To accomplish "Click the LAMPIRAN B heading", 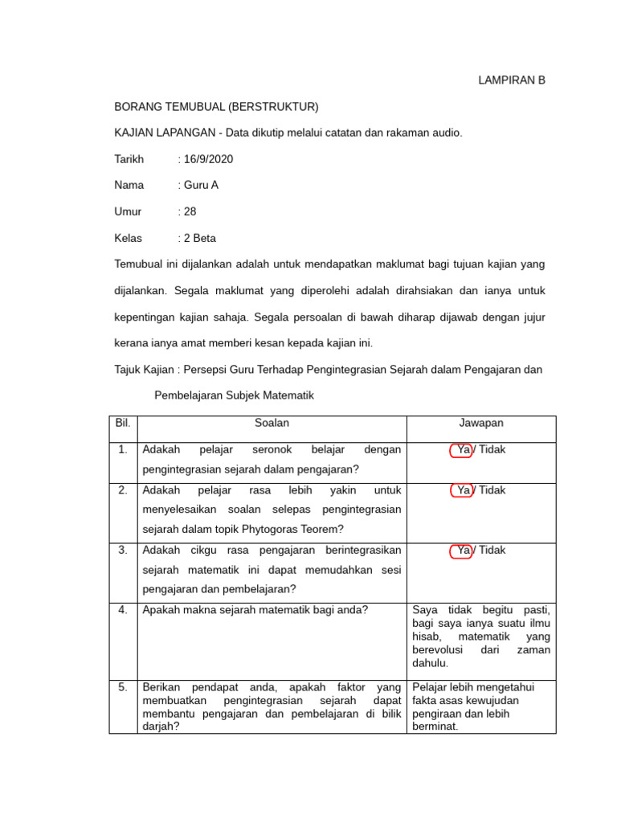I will pyautogui.click(x=512, y=80).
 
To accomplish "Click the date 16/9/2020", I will pyautogui.click(x=208, y=159).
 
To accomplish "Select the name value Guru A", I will pyautogui.click(x=201, y=185).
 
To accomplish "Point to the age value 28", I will pyautogui.click(x=190, y=211).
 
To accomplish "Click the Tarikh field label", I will pyautogui.click(x=129, y=159).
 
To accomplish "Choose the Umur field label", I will pyautogui.click(x=129, y=211).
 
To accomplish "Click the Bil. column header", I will pyautogui.click(x=123, y=423).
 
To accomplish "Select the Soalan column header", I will pyautogui.click(x=272, y=423).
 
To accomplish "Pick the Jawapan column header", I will pyautogui.click(x=481, y=423).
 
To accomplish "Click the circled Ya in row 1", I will pyautogui.click(x=463, y=450).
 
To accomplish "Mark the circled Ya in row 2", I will pyautogui.click(x=463, y=490).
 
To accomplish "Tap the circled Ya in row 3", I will pyautogui.click(x=463, y=551).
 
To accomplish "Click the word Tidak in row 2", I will pyautogui.click(x=492, y=490).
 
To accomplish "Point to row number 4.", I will pyautogui.click(x=123, y=610).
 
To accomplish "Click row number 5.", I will pyautogui.click(x=123, y=687).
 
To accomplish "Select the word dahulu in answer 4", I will pyautogui.click(x=431, y=663).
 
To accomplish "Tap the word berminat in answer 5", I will pyautogui.click(x=435, y=726).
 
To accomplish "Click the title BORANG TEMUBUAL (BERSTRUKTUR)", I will pyautogui.click(x=217, y=107).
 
